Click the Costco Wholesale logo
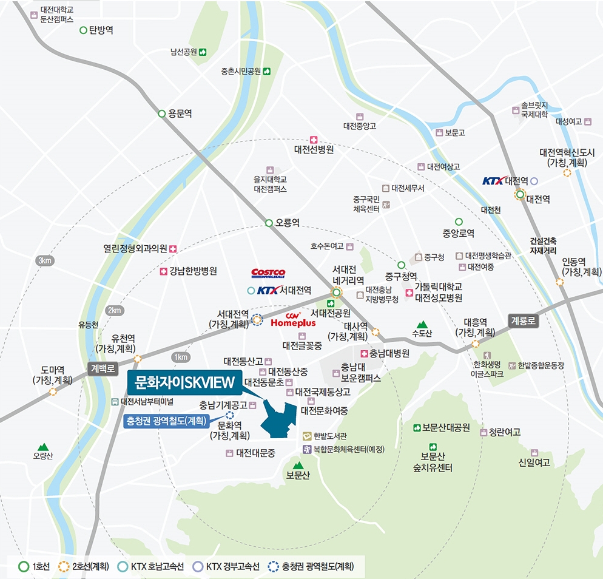tap(268, 274)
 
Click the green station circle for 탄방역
tap(83, 30)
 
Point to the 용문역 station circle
tap(162, 113)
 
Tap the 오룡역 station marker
tap(269, 223)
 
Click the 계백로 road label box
tap(103, 368)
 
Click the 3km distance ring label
tap(45, 261)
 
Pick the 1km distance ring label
tap(180, 357)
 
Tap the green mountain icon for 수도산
tap(422, 325)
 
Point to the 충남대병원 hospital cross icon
tap(364, 354)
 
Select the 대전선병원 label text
tap(314, 149)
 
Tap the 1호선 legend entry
tap(33, 567)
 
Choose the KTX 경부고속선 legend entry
tap(226, 567)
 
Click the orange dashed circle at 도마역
tap(53, 391)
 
